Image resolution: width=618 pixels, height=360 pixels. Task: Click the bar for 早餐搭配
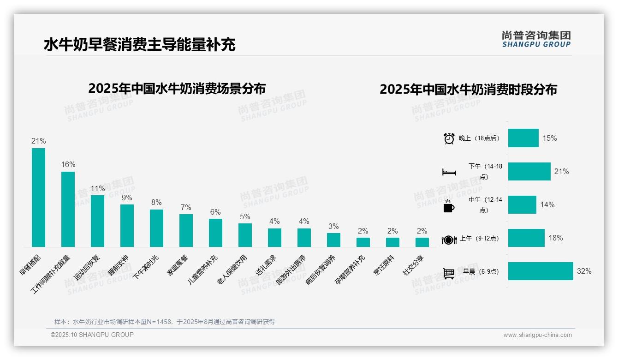point(38,198)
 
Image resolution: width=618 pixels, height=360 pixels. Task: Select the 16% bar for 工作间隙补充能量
point(68,209)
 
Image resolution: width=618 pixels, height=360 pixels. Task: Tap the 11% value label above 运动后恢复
point(97,188)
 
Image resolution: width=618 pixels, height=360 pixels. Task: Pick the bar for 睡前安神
point(127,226)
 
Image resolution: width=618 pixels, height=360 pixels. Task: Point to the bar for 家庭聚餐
point(186,230)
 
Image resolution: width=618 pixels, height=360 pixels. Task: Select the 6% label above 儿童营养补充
point(215,212)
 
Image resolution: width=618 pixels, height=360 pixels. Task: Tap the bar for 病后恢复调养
point(333,240)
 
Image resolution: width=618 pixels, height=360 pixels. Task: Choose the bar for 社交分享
point(422,242)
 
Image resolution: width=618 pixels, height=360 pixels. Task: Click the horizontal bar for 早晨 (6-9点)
point(541,271)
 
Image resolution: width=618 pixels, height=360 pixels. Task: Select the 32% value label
point(584,271)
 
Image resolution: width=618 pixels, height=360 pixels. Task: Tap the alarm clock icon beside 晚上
point(449,138)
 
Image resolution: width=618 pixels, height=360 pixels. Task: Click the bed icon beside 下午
point(449,172)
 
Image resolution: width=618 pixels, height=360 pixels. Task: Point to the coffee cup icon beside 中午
point(449,206)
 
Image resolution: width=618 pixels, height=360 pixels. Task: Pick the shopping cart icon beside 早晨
point(449,273)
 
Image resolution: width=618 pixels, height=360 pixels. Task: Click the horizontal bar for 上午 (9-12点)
point(526,238)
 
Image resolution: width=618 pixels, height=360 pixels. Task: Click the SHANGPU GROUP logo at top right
point(536,39)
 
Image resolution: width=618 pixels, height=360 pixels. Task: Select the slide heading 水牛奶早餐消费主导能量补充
point(140,44)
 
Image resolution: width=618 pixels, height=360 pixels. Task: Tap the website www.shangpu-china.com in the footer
point(537,335)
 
